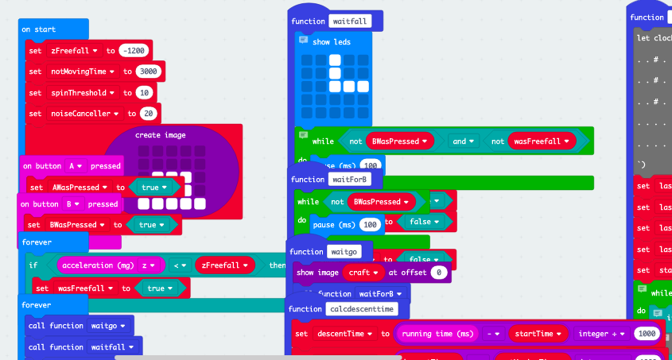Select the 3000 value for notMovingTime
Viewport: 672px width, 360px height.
149,72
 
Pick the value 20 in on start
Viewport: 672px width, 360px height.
146,113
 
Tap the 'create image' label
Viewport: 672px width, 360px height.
160,135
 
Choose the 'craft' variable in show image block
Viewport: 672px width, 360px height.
363,273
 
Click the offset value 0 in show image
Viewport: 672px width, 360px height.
438,273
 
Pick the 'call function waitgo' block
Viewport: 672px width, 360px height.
78,325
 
